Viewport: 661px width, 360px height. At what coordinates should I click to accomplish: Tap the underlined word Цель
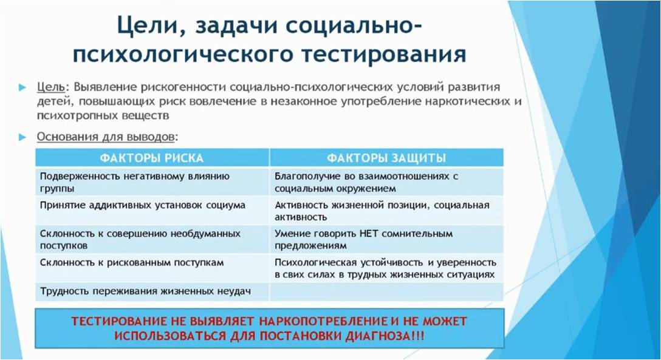pyautogui.click(x=51, y=87)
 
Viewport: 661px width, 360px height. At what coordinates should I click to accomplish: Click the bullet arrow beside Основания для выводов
pyautogui.click(x=22, y=137)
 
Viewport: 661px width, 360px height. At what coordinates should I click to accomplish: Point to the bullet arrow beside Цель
pyautogui.click(x=22, y=87)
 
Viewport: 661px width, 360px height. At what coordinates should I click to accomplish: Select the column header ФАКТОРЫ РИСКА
pyautogui.click(x=152, y=158)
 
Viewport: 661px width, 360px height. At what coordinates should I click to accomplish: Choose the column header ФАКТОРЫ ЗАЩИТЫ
pyautogui.click(x=386, y=158)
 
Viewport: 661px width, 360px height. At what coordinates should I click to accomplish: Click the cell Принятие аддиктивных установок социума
pyautogui.click(x=152, y=211)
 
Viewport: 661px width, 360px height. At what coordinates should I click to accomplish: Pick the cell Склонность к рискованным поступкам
pyautogui.click(x=152, y=268)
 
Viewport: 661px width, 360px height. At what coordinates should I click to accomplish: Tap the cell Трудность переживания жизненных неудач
pyautogui.click(x=152, y=291)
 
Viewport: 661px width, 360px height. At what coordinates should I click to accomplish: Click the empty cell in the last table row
pyautogui.click(x=386, y=291)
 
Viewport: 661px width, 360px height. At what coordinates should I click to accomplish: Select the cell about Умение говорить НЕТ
pyautogui.click(x=386, y=239)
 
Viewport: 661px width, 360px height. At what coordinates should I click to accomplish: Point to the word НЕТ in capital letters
pyautogui.click(x=370, y=234)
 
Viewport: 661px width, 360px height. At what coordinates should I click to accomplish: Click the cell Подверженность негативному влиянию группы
pyautogui.click(x=152, y=182)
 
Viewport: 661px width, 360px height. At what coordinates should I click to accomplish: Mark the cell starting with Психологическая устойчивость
pyautogui.click(x=386, y=268)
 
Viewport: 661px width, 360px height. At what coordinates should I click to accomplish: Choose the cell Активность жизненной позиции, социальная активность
pyautogui.click(x=386, y=211)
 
